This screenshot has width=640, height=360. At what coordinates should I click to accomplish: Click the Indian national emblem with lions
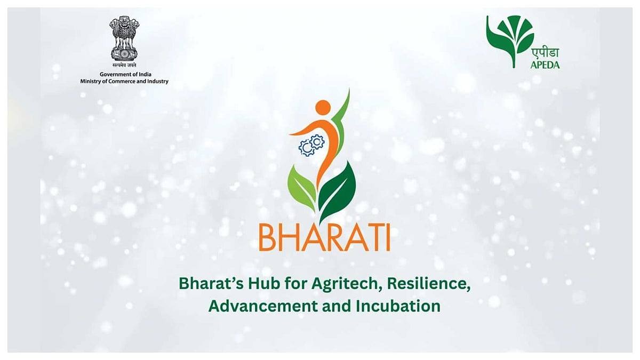124,38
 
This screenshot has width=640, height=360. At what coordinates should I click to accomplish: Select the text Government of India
125,74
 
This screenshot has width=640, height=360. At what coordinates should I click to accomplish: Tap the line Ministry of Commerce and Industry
124,82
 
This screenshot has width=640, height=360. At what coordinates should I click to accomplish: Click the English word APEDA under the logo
545,65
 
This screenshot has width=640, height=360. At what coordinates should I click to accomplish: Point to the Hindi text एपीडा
545,54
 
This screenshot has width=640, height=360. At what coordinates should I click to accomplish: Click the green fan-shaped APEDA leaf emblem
510,41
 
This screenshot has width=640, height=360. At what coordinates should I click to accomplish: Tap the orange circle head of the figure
323,107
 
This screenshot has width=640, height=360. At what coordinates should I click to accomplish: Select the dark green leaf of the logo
338,192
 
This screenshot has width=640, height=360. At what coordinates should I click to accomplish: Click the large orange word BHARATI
324,238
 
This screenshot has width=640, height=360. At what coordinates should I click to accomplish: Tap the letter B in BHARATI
267,238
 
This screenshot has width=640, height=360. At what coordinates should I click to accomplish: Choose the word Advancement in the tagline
263,306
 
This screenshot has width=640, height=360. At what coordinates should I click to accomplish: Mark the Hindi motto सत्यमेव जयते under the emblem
124,65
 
